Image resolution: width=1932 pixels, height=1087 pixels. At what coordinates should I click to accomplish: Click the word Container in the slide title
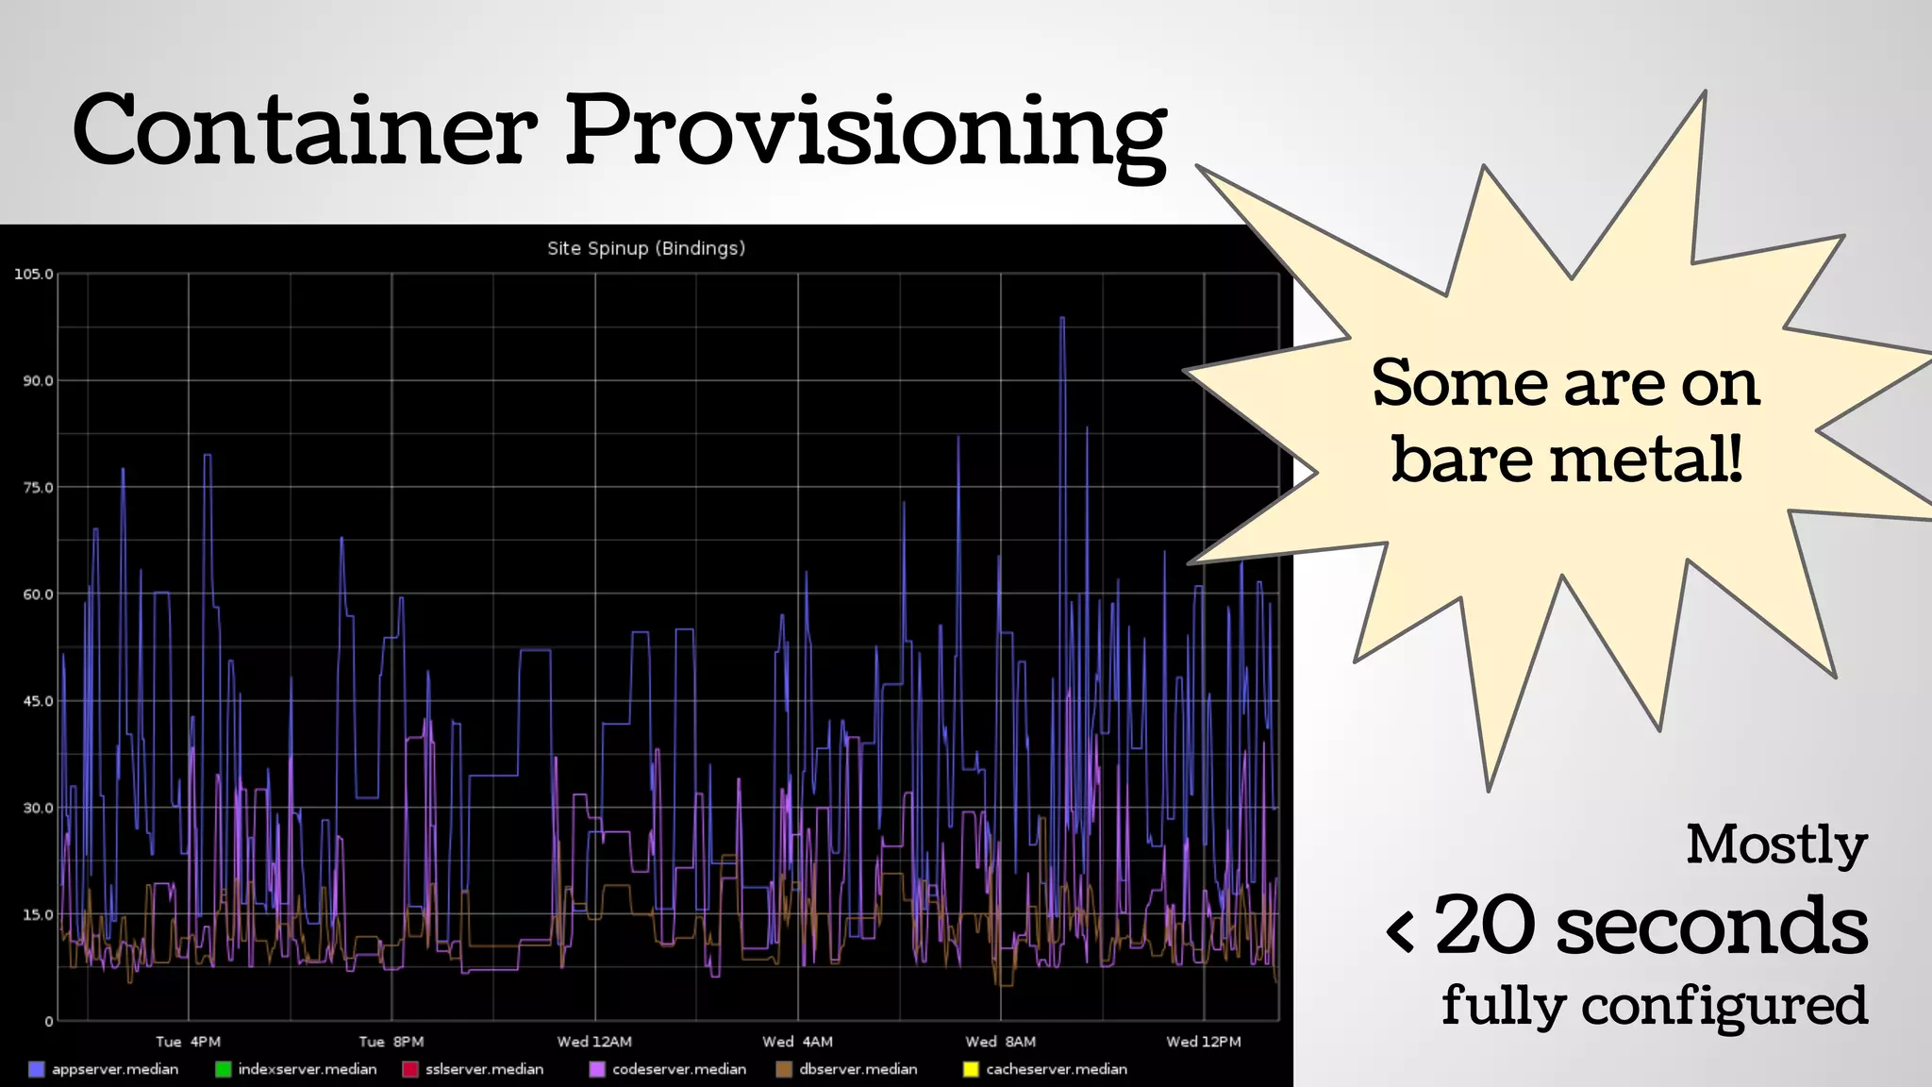pos(304,130)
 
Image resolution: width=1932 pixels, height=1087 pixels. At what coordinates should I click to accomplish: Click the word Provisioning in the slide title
pos(865,132)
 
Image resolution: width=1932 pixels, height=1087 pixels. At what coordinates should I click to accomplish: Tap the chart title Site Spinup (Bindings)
pos(646,248)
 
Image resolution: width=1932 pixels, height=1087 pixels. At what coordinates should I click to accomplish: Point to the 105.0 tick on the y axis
pos(33,274)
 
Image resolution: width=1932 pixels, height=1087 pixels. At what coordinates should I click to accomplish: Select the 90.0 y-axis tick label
pos(38,380)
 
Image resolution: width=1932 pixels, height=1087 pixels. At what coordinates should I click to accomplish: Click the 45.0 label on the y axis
pos(38,701)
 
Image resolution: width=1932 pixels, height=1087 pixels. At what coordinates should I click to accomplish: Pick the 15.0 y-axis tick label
pos(38,914)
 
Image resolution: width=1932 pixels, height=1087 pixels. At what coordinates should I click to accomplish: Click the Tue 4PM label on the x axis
pos(188,1042)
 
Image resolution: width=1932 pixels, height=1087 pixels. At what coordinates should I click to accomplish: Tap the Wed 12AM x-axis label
pos(594,1042)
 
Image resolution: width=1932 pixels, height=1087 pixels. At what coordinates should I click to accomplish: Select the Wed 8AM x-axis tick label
pos(1000,1042)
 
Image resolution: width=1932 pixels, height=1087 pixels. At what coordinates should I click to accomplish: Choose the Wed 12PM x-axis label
pos(1203,1042)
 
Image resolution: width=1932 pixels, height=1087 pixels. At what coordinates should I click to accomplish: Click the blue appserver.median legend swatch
pos(37,1069)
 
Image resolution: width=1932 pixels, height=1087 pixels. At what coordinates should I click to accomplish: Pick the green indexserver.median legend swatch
pos(224,1069)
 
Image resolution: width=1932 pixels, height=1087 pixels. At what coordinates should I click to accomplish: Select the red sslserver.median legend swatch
pos(410,1069)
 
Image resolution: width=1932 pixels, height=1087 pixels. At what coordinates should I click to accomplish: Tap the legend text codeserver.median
pos(679,1069)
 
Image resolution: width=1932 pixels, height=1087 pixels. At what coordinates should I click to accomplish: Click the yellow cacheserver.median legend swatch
pos(971,1069)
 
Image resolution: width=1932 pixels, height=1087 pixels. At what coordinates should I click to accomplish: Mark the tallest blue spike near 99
pos(1062,319)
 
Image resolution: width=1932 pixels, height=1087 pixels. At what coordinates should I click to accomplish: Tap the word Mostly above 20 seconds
pos(1776,844)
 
